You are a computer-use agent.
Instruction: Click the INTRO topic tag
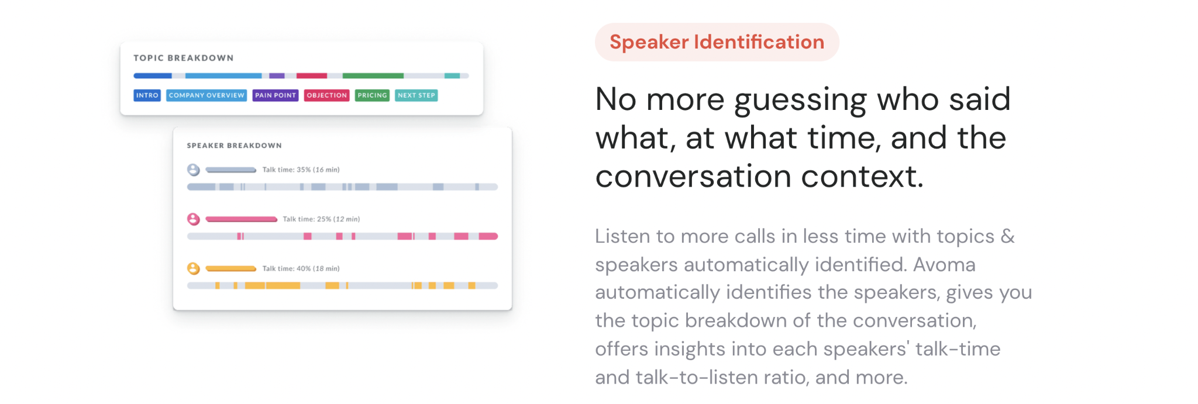pyautogui.click(x=147, y=95)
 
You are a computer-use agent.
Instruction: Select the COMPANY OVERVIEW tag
pyautogui.click(x=206, y=95)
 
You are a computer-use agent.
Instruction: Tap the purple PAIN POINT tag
pyautogui.click(x=276, y=95)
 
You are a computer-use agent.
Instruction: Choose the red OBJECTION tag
pyautogui.click(x=327, y=95)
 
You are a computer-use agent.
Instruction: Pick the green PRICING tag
pyautogui.click(x=372, y=95)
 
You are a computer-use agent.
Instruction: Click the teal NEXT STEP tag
pyautogui.click(x=416, y=95)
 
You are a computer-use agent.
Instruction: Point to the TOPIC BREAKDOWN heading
pyautogui.click(x=184, y=58)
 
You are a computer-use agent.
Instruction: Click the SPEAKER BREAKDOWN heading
pyautogui.click(x=234, y=146)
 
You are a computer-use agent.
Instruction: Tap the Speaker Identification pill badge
pyautogui.click(x=717, y=42)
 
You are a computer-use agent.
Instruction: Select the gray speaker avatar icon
pyautogui.click(x=194, y=170)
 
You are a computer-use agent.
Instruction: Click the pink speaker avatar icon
pyautogui.click(x=194, y=219)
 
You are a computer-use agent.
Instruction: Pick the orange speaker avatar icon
pyautogui.click(x=194, y=269)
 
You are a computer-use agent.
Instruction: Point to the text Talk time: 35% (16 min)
pyautogui.click(x=301, y=170)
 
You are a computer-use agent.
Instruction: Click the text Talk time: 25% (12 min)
pyautogui.click(x=321, y=219)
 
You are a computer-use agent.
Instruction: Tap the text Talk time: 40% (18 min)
pyautogui.click(x=301, y=269)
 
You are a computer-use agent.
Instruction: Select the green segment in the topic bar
pyautogui.click(x=373, y=76)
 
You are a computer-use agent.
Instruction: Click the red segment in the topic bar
pyautogui.click(x=312, y=76)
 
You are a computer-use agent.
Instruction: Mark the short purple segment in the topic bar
pyautogui.click(x=277, y=76)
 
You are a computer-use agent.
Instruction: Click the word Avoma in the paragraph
pyautogui.click(x=944, y=265)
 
